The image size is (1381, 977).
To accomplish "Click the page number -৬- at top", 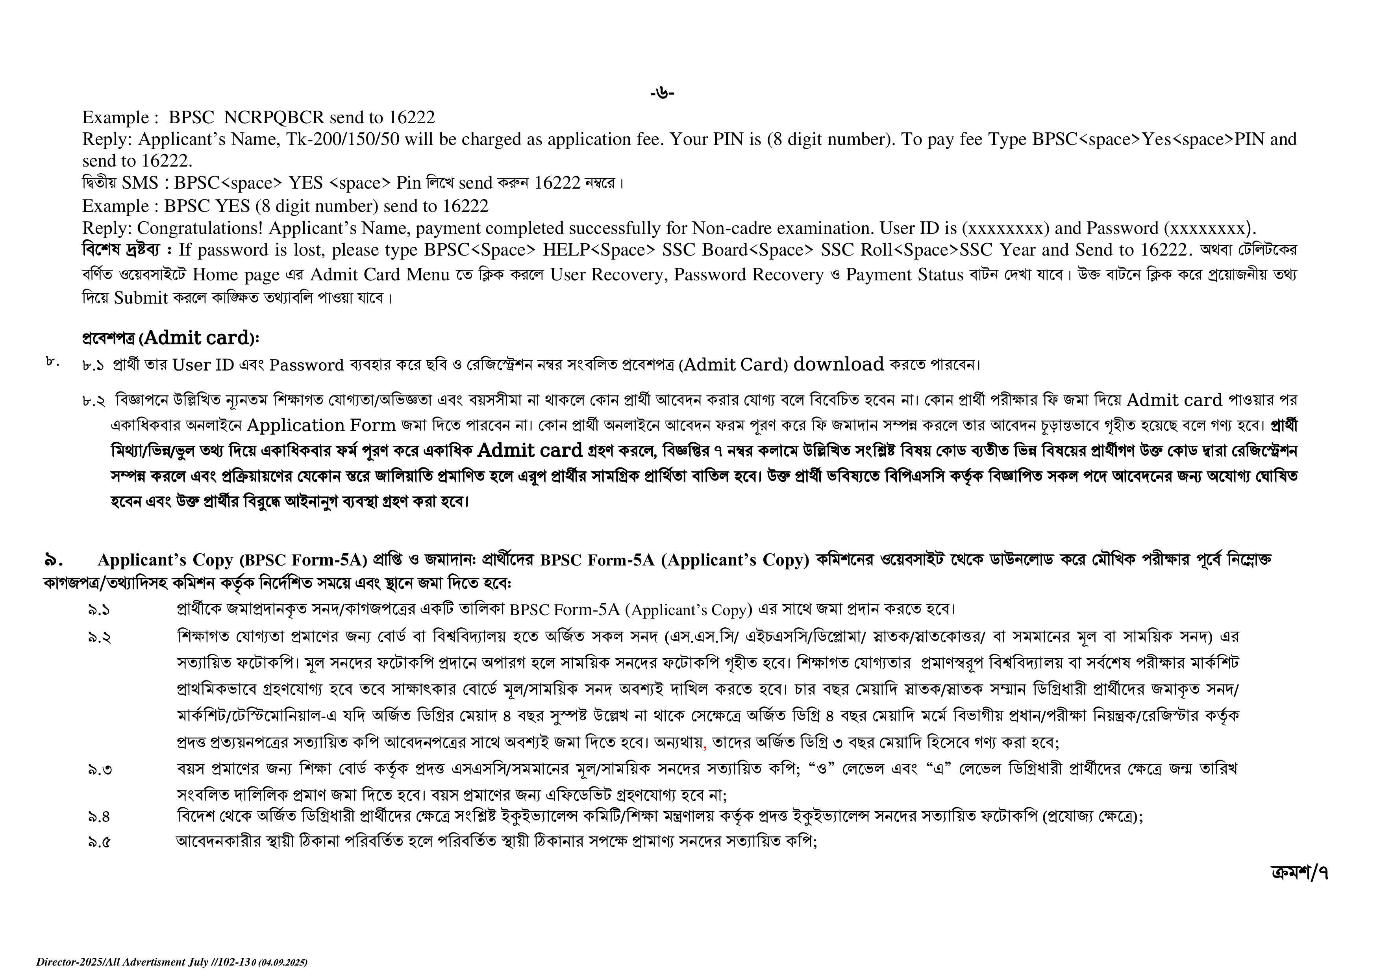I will point(662,93).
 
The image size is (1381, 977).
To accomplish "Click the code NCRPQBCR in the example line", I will point(274,117).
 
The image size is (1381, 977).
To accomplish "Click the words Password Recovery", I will point(748,275).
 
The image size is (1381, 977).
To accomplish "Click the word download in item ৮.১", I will point(839,365).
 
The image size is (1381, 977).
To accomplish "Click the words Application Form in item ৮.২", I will point(321,425).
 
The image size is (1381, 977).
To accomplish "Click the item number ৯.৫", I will point(99,842).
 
